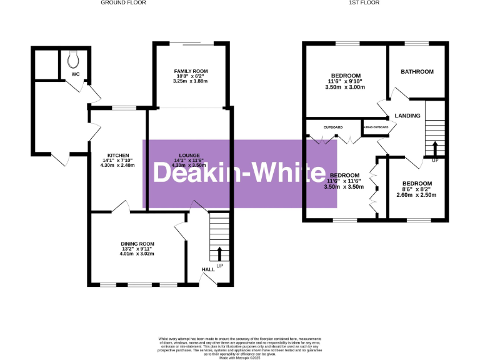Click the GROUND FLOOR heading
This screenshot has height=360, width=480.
click(123, 3)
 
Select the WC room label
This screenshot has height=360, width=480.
click(76, 74)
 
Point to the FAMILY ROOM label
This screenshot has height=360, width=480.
click(191, 71)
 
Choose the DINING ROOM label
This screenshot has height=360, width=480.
click(137, 244)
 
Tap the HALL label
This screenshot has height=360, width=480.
click(207, 269)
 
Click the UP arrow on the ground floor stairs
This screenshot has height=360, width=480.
click(219, 254)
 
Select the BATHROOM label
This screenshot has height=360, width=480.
click(417, 72)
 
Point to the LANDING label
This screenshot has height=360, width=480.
click(407, 116)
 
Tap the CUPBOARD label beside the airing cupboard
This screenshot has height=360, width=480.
click(332, 127)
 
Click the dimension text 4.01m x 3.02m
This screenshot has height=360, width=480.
click(137, 254)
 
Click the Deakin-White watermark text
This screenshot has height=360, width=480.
click(239, 173)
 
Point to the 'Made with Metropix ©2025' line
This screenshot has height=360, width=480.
click(239, 356)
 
